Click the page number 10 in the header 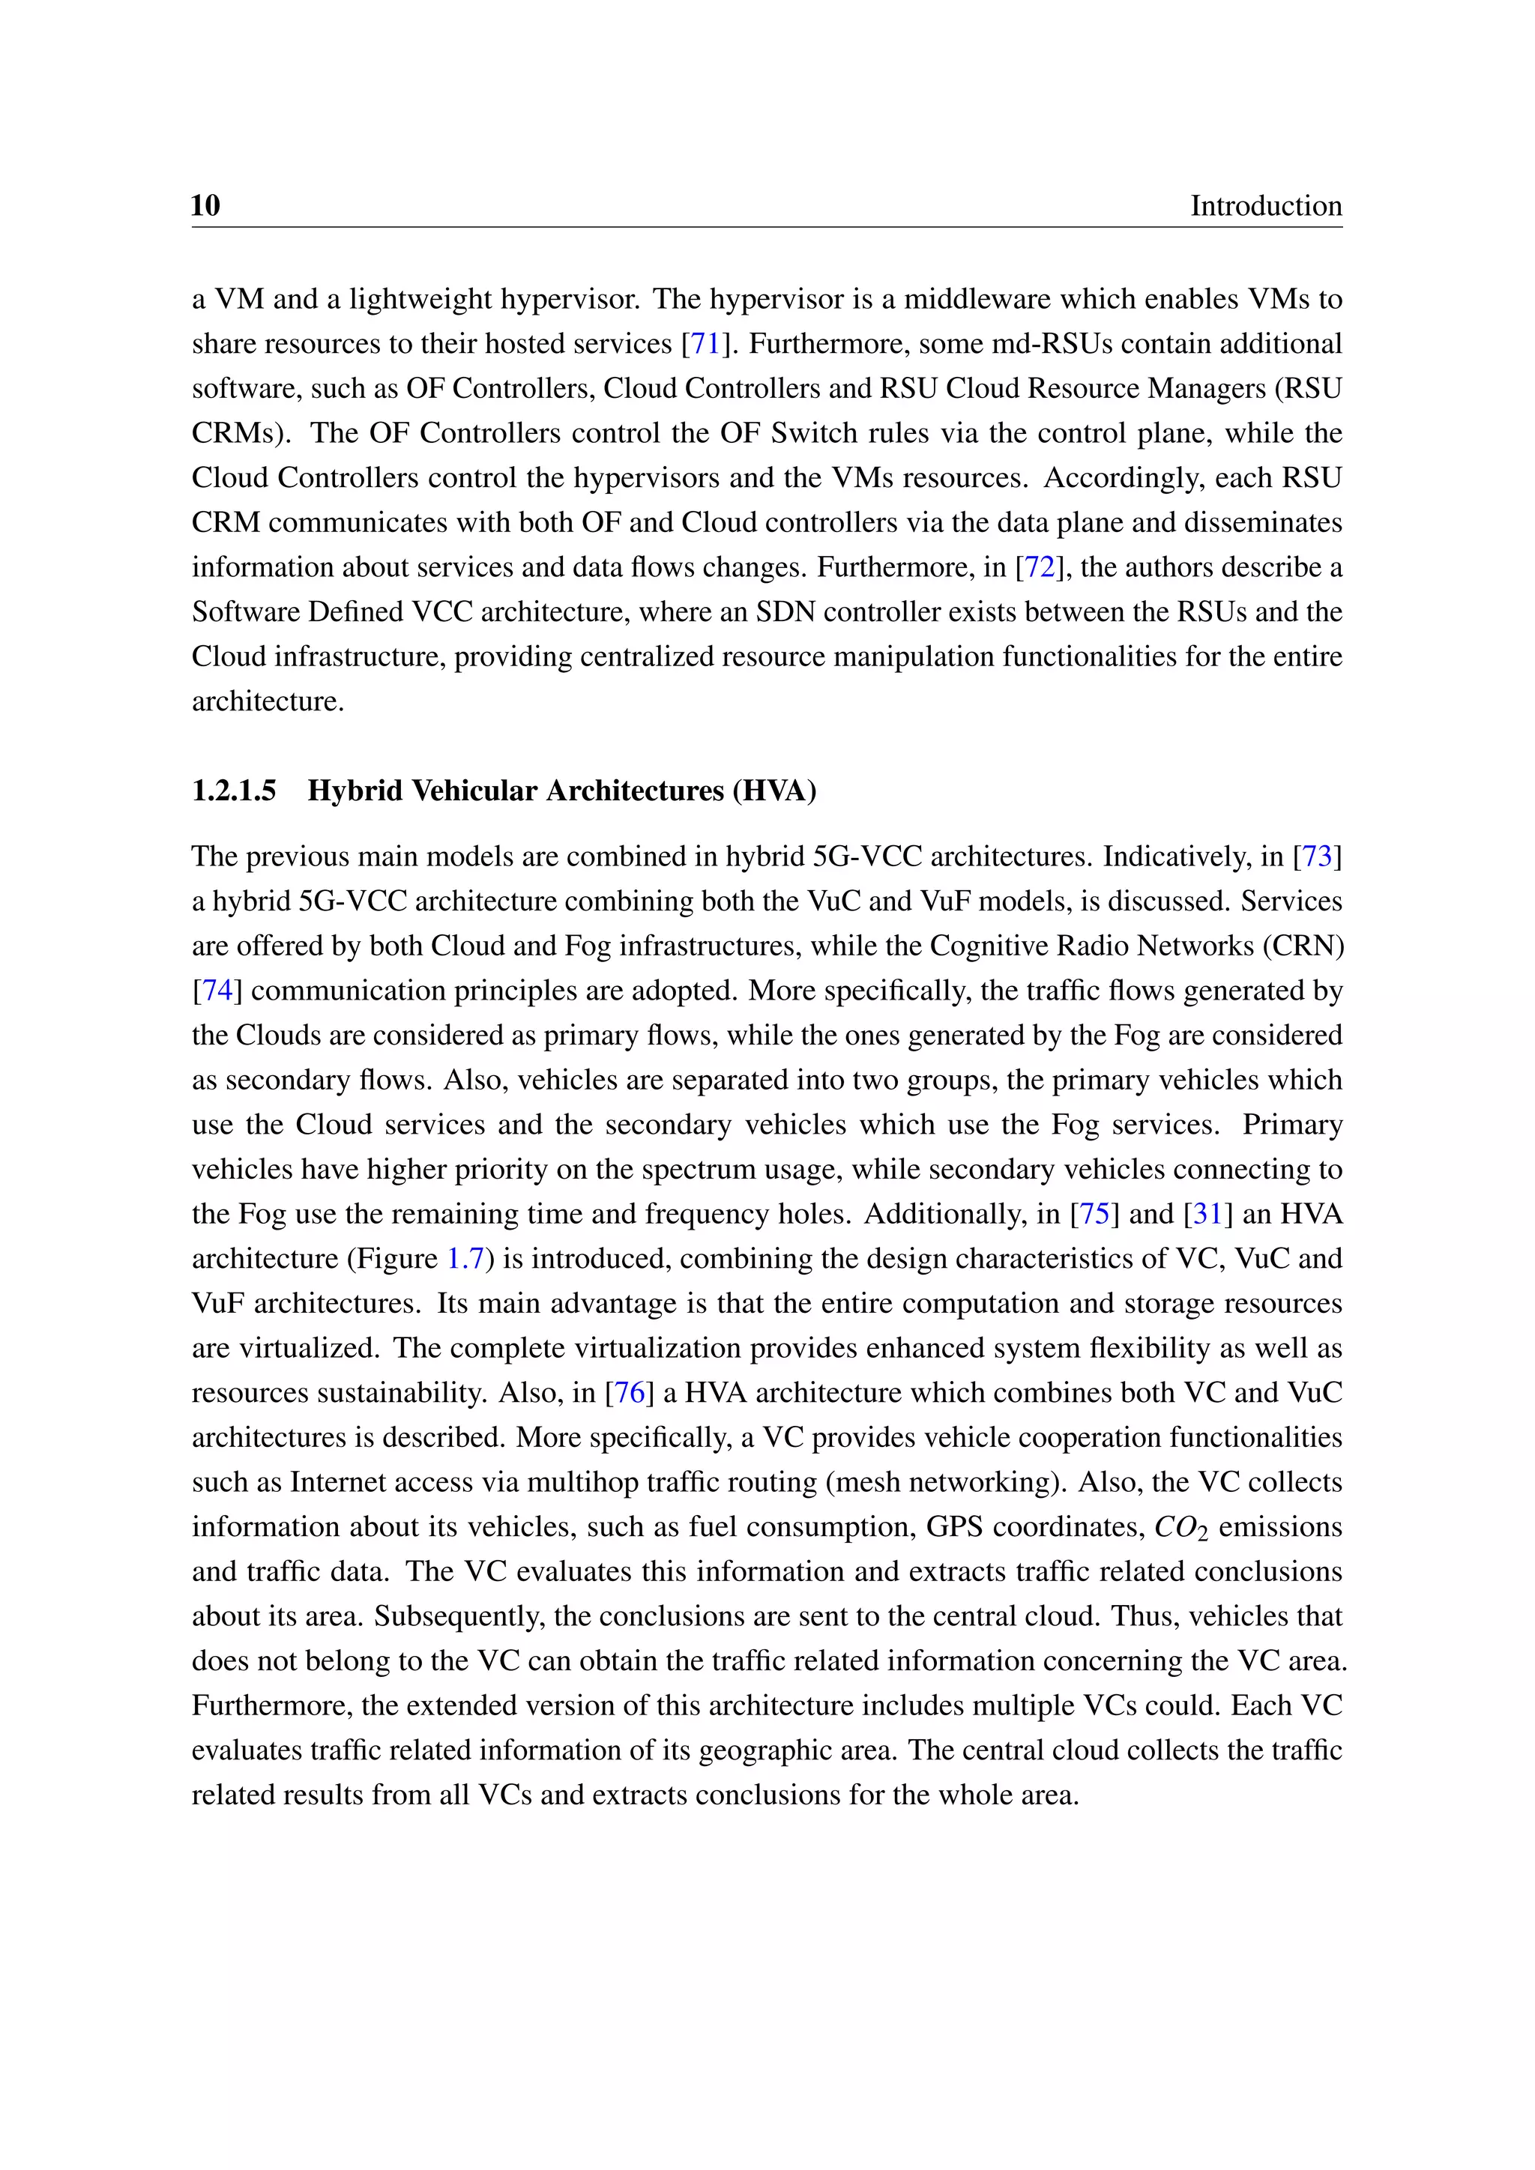coord(205,205)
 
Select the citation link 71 coord(705,343)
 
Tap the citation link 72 coord(1039,567)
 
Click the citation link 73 coord(1317,856)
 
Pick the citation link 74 coord(217,991)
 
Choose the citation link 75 coord(1094,1214)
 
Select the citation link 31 coord(1207,1214)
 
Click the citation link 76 coord(630,1392)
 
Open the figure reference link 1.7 coord(465,1259)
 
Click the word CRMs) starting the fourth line coord(241,433)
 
